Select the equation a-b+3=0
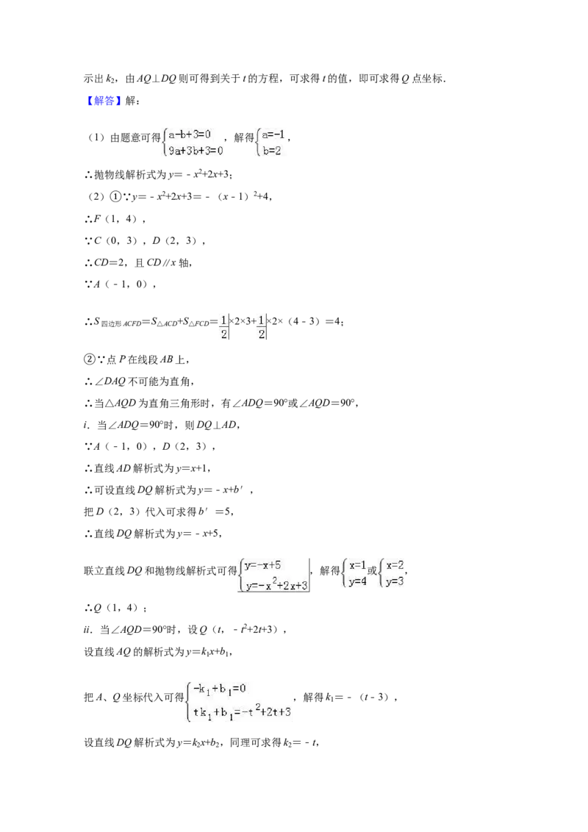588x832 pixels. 190,135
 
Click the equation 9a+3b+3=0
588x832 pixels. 196,151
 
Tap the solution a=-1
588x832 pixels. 274,135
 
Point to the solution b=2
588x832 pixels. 272,151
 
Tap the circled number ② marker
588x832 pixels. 89,359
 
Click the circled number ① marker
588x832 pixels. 115,196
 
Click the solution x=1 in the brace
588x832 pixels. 357,565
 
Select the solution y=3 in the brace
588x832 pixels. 394,581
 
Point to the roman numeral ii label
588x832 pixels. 87,630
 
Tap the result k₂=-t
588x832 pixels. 300,743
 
